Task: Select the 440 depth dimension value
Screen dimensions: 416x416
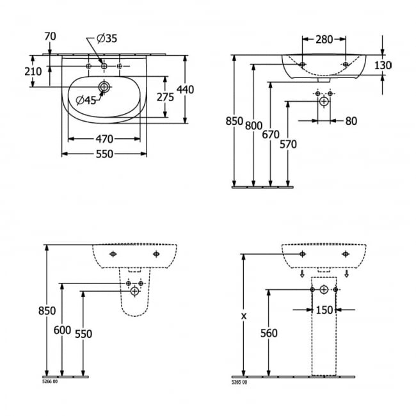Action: tap(185, 90)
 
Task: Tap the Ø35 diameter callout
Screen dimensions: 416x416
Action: tap(107, 39)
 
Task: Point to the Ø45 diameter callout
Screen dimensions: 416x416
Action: tap(86, 99)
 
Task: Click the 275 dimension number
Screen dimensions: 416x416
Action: tap(165, 97)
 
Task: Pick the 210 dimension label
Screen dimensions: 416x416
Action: tap(33, 72)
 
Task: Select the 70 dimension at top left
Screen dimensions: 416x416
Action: tap(51, 36)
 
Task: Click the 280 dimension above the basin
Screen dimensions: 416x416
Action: tap(324, 40)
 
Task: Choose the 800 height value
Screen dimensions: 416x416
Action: tap(254, 126)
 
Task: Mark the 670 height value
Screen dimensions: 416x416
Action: tap(271, 134)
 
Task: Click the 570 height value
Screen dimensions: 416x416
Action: tap(288, 145)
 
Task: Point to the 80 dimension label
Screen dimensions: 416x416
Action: tap(351, 120)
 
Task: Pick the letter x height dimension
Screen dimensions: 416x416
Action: tap(243, 316)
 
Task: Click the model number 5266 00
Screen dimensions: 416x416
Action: tap(50, 381)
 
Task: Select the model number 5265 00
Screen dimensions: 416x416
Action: tap(239, 381)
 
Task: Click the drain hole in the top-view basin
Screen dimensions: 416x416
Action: tap(104, 86)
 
